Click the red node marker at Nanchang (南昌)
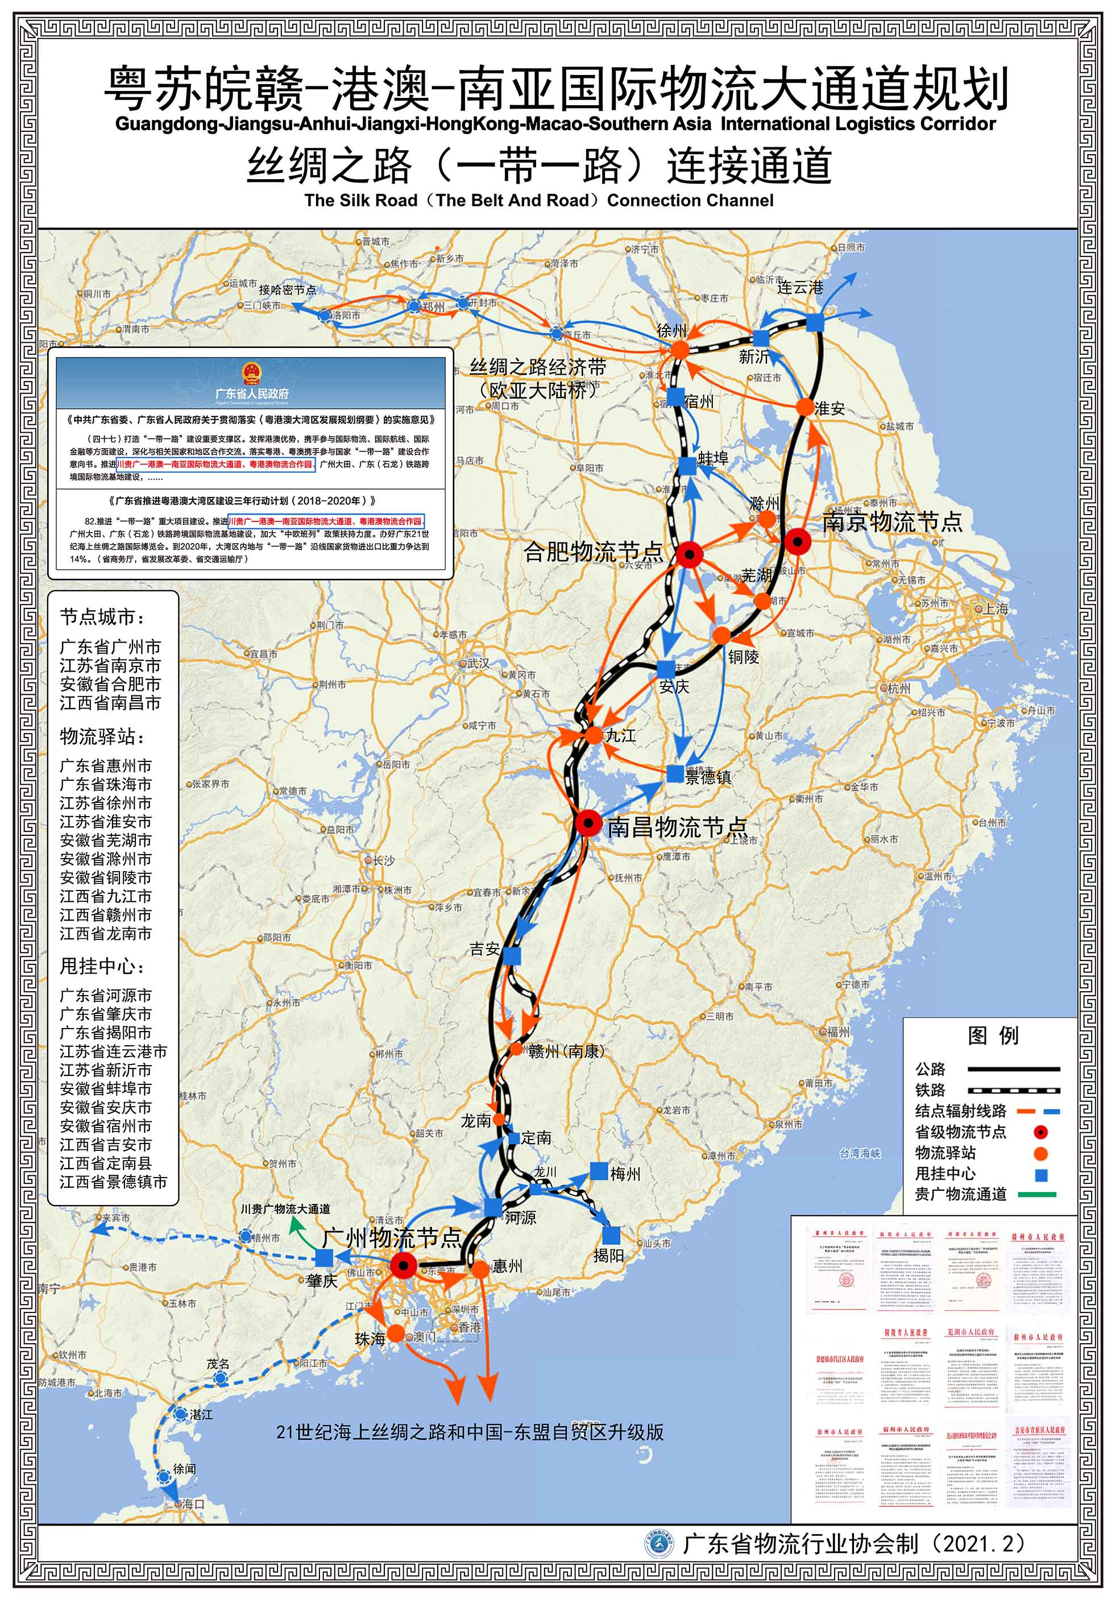[x=588, y=824]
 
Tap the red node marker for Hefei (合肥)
[x=690, y=554]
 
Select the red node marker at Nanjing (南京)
[x=797, y=541]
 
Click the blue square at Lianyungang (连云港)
[x=815, y=323]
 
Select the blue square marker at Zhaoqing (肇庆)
[x=324, y=1258]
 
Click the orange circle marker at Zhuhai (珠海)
[x=396, y=1333]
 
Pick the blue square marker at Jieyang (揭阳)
[x=611, y=1235]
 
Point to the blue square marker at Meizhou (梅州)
[x=599, y=1171]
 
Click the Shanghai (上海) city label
[x=996, y=609]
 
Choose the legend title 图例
[x=993, y=1035]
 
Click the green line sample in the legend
[x=1036, y=1195]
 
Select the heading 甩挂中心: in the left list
[x=102, y=966]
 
